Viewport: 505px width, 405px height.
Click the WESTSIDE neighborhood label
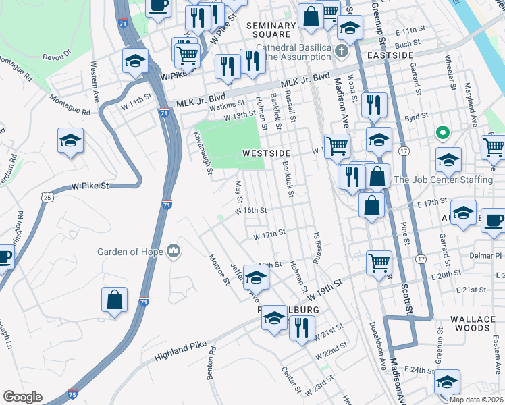click(267, 154)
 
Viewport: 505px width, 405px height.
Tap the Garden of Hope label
click(130, 252)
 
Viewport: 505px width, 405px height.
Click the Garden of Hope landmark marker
click(174, 252)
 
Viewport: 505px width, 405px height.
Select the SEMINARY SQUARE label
click(271, 30)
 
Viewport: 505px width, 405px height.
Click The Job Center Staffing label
click(443, 180)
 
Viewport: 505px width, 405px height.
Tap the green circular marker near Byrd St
click(443, 132)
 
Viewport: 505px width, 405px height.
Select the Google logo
click(22, 397)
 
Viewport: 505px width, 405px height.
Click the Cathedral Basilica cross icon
click(342, 51)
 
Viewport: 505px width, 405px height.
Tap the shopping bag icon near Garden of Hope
click(115, 300)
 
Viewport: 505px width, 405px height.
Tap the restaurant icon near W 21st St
click(302, 327)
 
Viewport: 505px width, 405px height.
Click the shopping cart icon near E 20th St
click(379, 263)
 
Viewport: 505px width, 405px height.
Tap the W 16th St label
click(251, 210)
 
